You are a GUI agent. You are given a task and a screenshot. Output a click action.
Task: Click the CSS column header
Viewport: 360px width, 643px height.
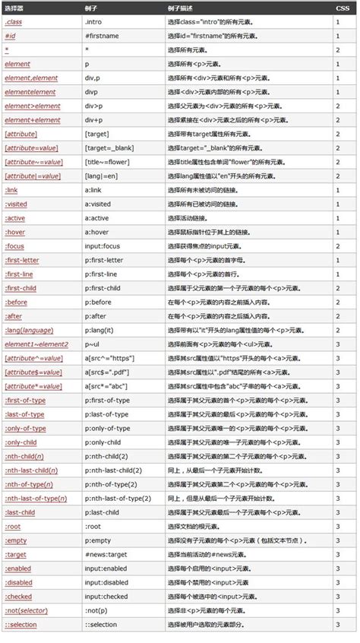coord(343,8)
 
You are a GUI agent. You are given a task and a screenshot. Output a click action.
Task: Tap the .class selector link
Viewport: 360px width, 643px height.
coord(14,21)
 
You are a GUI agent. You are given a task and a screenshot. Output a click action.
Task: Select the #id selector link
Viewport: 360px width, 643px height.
coord(11,35)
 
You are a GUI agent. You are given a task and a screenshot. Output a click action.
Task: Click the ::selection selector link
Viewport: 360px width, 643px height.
coord(21,624)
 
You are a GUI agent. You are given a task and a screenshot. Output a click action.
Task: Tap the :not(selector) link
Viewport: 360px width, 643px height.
coord(25,610)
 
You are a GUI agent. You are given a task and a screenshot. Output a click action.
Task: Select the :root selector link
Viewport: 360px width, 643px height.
coord(12,526)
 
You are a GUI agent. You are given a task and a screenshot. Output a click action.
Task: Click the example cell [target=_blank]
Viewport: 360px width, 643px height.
coord(109,147)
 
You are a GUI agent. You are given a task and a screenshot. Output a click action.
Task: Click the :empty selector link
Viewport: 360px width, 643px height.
coord(15,540)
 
